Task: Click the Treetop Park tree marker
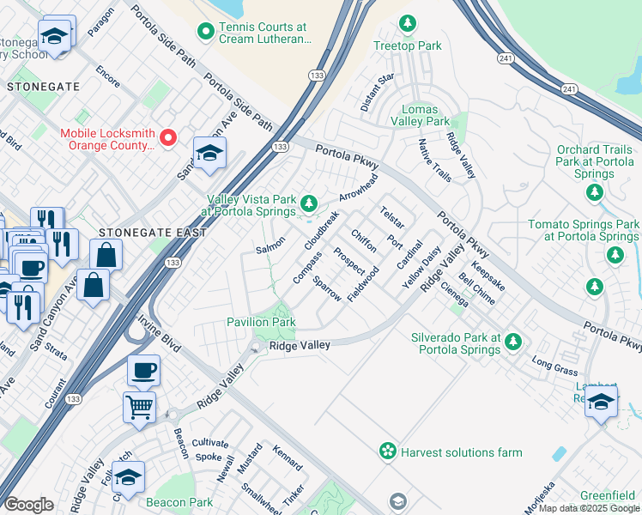click(409, 23)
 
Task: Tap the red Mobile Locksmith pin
click(168, 136)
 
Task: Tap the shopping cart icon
click(139, 407)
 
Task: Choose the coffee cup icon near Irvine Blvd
click(143, 370)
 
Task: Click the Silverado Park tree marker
click(512, 342)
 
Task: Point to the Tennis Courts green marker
click(205, 33)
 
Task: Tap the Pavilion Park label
click(261, 323)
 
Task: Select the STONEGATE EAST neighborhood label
click(152, 233)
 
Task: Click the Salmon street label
click(270, 250)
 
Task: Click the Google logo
click(29, 506)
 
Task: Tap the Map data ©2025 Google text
click(587, 508)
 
